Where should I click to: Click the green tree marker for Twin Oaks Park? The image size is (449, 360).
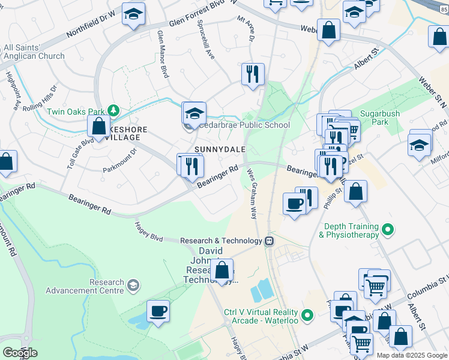[112, 111]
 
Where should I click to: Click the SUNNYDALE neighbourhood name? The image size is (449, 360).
[217, 148]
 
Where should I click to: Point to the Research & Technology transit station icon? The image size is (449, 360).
[270, 241]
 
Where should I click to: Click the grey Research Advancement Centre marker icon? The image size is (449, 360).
[132, 283]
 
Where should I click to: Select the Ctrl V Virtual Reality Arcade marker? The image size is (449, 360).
[307, 314]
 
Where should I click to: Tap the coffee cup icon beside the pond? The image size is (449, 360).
[158, 311]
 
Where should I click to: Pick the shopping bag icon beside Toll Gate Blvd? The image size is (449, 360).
[98, 127]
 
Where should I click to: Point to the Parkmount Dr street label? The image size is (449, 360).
[120, 158]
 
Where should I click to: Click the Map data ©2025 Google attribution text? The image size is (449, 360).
[412, 355]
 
